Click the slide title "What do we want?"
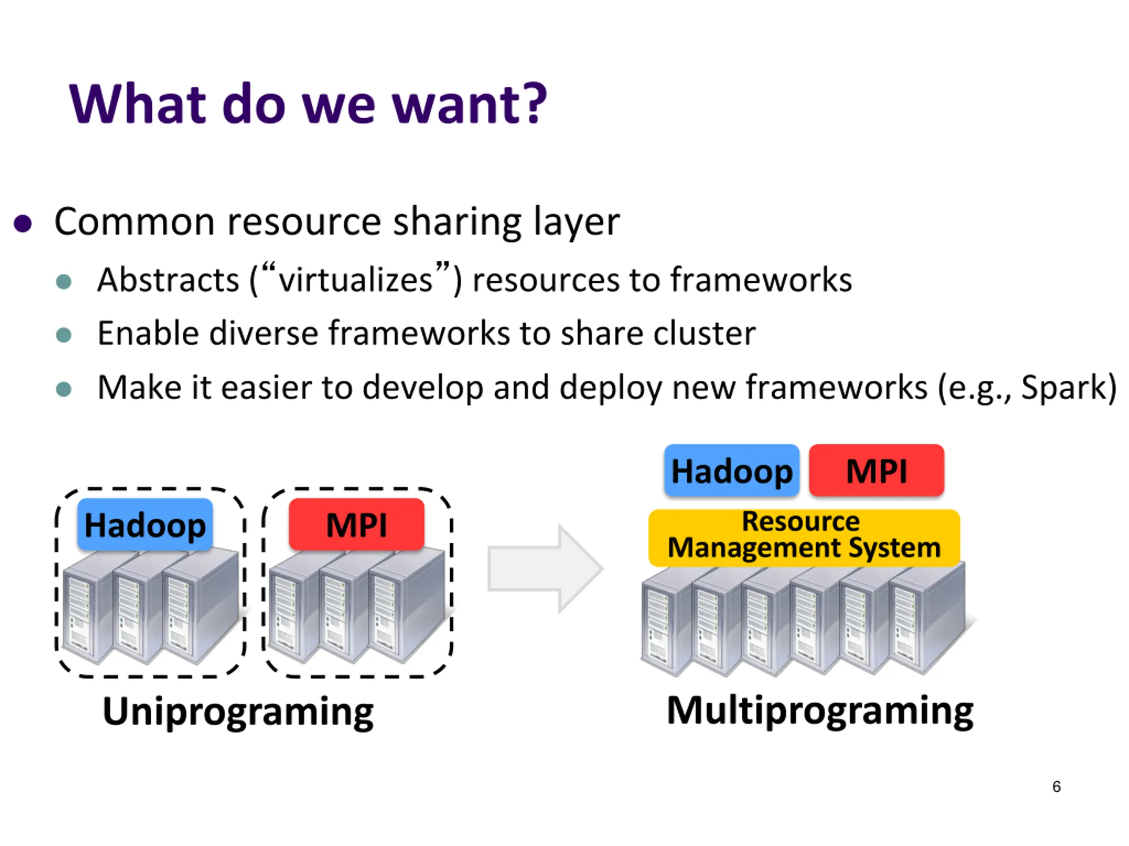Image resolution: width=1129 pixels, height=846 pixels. pyautogui.click(x=308, y=104)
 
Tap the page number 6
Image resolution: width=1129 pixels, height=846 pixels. pyautogui.click(x=1056, y=787)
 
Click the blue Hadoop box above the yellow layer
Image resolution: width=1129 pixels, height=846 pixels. pyautogui.click(x=731, y=470)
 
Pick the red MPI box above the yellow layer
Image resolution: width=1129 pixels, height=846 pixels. pyautogui.click(x=876, y=470)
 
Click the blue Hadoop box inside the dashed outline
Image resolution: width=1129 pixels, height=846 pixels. pyautogui.click(x=145, y=525)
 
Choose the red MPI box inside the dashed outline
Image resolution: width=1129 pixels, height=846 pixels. pyautogui.click(x=356, y=525)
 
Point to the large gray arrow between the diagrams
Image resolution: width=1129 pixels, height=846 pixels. pyautogui.click(x=545, y=568)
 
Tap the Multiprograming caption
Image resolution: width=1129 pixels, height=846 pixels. pyautogui.click(x=820, y=711)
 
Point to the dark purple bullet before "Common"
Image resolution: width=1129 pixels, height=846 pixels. pyautogui.click(x=23, y=223)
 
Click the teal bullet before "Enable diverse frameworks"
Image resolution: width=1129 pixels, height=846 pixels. pyautogui.click(x=64, y=335)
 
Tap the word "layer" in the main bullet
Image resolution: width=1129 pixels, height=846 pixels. pyautogui.click(x=576, y=223)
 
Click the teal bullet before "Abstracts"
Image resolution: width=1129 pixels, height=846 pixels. pyautogui.click(x=64, y=282)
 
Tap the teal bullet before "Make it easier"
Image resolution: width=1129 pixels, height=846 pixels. pyautogui.click(x=64, y=389)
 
